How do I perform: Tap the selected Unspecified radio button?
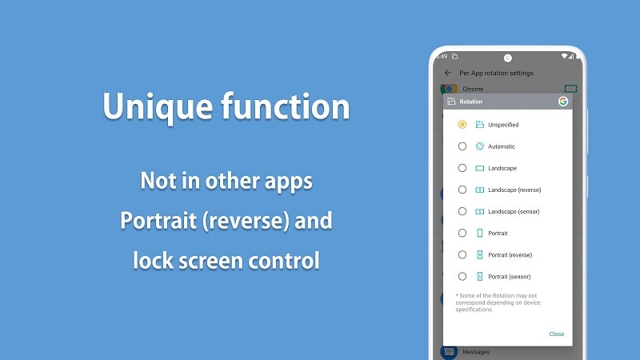pyautogui.click(x=462, y=125)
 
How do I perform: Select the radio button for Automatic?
pyautogui.click(x=462, y=146)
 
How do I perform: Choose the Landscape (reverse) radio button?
pyautogui.click(x=462, y=190)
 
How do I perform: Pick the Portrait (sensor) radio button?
pyautogui.click(x=462, y=276)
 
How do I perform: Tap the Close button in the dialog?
pyautogui.click(x=556, y=334)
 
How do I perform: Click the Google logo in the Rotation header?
pyautogui.click(x=562, y=102)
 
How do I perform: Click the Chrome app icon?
pyautogui.click(x=449, y=89)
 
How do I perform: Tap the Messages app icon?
pyautogui.click(x=449, y=351)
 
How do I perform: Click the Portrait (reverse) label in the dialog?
pyautogui.click(x=510, y=254)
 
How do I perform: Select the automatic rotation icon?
pyautogui.click(x=480, y=146)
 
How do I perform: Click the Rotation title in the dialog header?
pyautogui.click(x=471, y=102)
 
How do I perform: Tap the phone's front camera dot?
pyautogui.click(x=507, y=58)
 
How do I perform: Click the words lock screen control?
pyautogui.click(x=226, y=260)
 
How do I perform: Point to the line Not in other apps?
pyautogui.click(x=226, y=181)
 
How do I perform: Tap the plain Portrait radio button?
pyautogui.click(x=462, y=233)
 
